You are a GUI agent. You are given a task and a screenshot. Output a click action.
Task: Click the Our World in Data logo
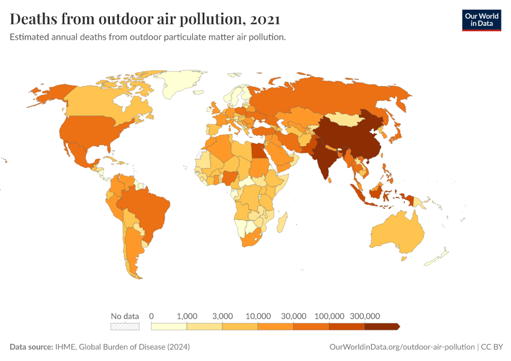[481, 20]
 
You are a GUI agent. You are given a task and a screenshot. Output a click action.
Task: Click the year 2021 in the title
[265, 19]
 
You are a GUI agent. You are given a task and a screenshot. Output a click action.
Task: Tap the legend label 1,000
[187, 316]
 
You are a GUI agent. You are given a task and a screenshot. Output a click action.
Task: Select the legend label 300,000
[365, 316]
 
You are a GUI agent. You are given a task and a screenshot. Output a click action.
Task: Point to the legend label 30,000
[294, 316]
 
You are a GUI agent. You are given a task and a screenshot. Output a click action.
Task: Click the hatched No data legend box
[124, 327]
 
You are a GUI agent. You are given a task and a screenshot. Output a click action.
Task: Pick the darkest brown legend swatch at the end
[382, 327]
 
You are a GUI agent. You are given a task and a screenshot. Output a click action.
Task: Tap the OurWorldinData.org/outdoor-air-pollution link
[402, 347]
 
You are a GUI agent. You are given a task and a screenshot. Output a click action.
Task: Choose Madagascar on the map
[280, 223]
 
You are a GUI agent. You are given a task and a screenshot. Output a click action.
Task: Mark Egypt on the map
[256, 149]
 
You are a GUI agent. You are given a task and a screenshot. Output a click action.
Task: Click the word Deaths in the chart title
[35, 19]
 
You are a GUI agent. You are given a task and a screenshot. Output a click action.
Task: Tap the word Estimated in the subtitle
[31, 37]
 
